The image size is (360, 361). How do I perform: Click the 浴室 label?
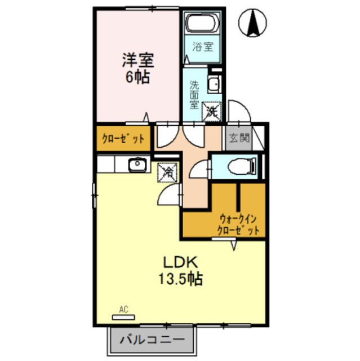pos(203,48)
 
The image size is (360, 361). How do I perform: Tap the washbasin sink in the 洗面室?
pos(214,85)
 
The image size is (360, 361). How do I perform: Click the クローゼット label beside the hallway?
pos(122,139)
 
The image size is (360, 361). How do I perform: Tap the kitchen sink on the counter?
pos(137,165)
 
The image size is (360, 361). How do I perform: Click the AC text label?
pos(125,309)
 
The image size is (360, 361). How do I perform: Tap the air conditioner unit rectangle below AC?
pos(125,318)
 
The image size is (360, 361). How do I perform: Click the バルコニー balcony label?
pos(151,341)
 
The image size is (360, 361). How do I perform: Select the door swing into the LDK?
pos(169,195)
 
